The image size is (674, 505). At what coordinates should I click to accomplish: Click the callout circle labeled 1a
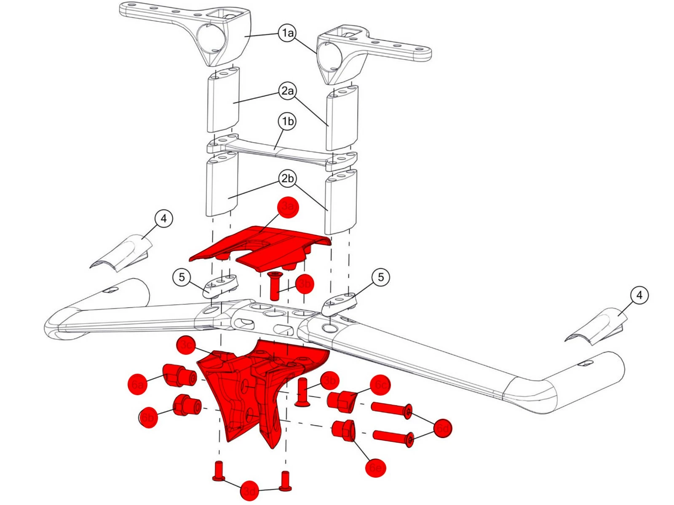tap(288, 33)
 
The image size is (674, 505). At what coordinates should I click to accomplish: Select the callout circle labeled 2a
tap(288, 91)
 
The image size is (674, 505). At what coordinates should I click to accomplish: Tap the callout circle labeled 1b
tap(288, 122)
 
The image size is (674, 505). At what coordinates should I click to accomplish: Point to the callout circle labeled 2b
tap(288, 178)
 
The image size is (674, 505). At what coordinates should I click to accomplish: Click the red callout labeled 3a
tap(288, 207)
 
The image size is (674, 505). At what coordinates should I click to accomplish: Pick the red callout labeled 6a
tap(138, 384)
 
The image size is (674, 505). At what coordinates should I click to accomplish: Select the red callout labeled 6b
tap(148, 417)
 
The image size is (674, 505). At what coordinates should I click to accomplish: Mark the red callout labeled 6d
tap(442, 428)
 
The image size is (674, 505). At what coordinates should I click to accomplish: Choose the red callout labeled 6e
tap(375, 467)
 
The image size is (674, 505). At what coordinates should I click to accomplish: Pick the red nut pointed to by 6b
tap(187, 405)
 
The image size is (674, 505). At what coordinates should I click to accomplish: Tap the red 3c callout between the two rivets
tap(250, 491)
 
